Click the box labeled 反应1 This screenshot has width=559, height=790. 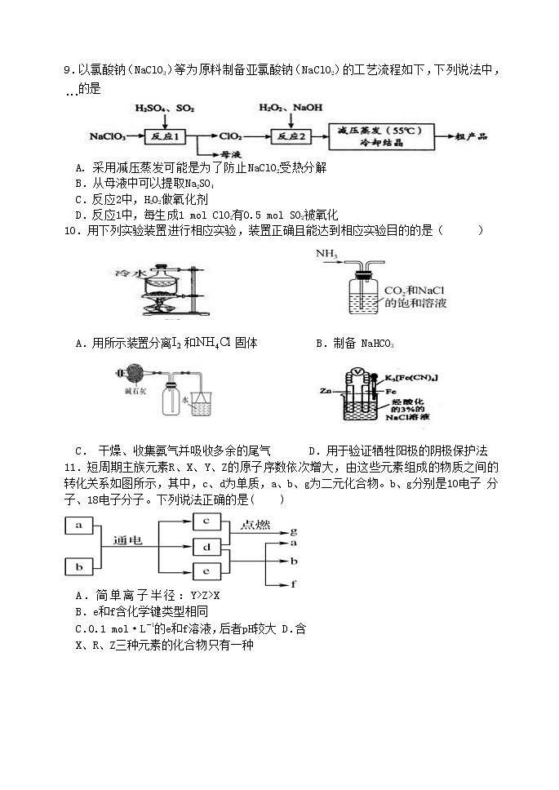pos(165,135)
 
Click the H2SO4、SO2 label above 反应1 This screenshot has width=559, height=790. pos(165,108)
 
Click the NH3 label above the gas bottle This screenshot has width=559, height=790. pos(326,253)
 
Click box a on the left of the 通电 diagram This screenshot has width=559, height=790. pos(79,526)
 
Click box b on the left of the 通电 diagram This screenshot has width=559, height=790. pos(79,566)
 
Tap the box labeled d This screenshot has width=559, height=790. pos(207,546)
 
